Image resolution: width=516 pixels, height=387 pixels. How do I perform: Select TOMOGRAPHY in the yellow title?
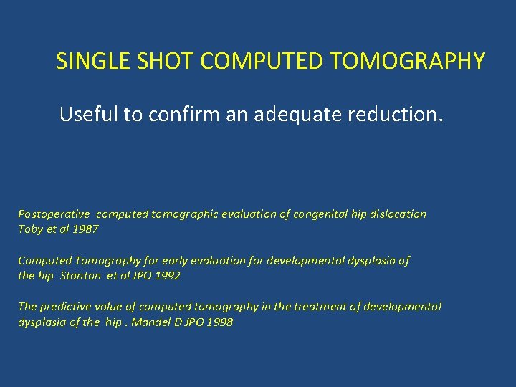coord(407,62)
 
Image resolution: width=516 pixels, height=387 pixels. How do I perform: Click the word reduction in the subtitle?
coord(398,114)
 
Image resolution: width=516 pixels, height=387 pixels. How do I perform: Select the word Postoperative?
coord(54,214)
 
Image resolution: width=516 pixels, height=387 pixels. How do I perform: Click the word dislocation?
coord(397,214)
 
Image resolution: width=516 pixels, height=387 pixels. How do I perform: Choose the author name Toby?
coord(30,229)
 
